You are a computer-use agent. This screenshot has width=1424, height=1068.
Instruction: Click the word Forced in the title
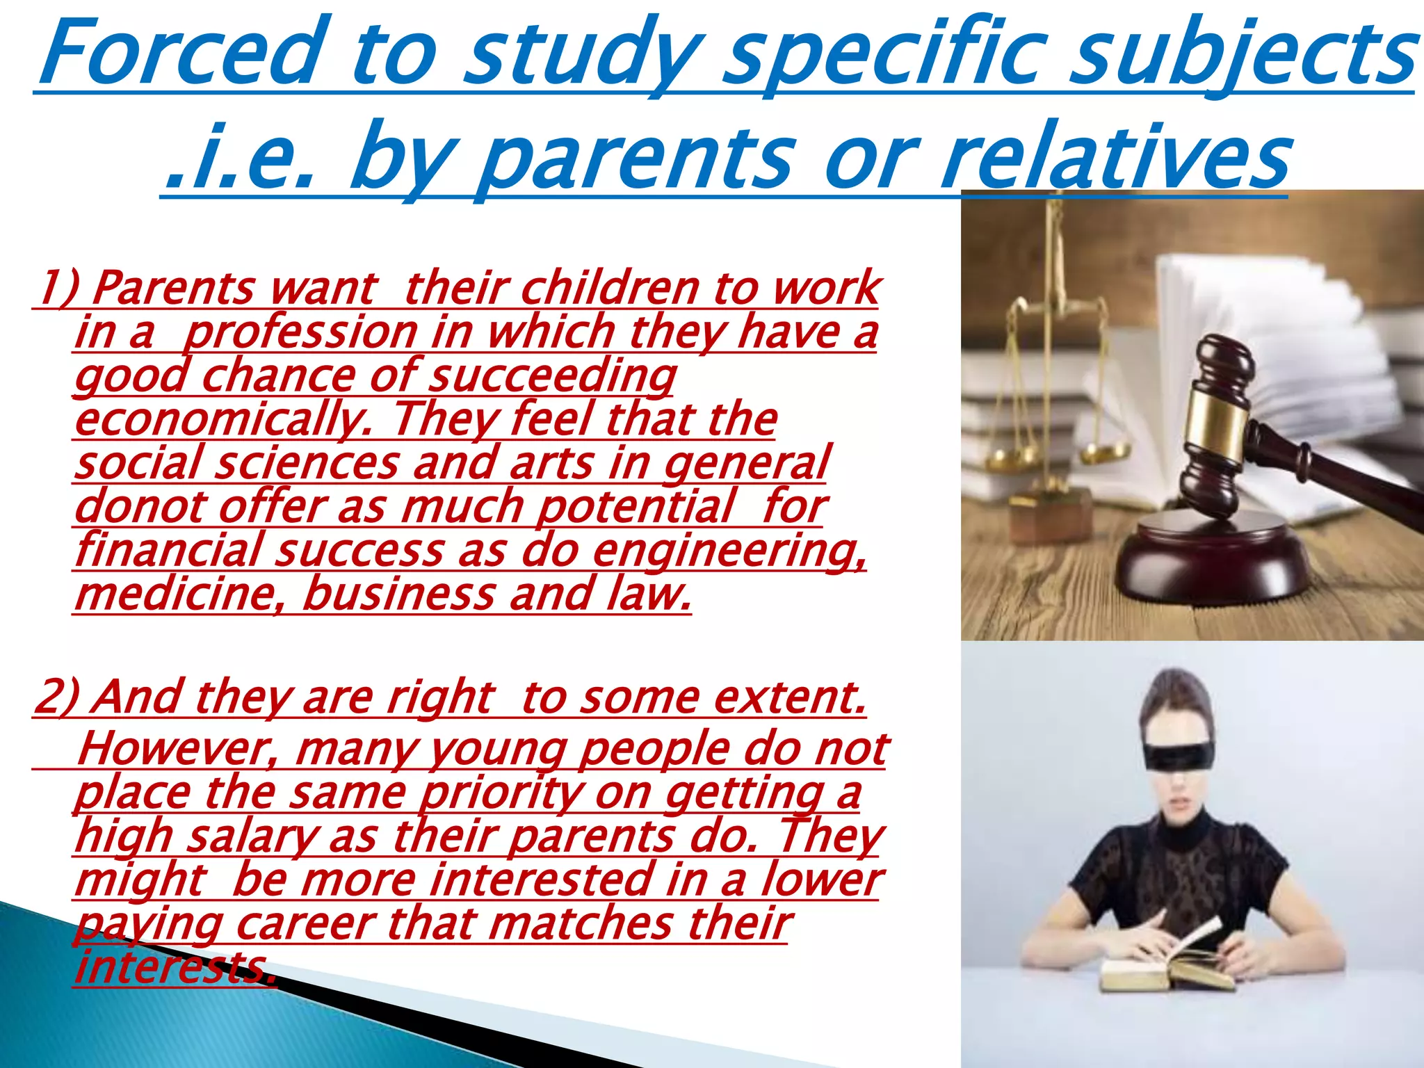182,52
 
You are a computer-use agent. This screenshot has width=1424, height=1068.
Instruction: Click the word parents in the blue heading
636,159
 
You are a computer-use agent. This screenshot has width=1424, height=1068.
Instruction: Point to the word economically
222,420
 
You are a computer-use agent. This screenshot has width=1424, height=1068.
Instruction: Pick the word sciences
306,463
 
